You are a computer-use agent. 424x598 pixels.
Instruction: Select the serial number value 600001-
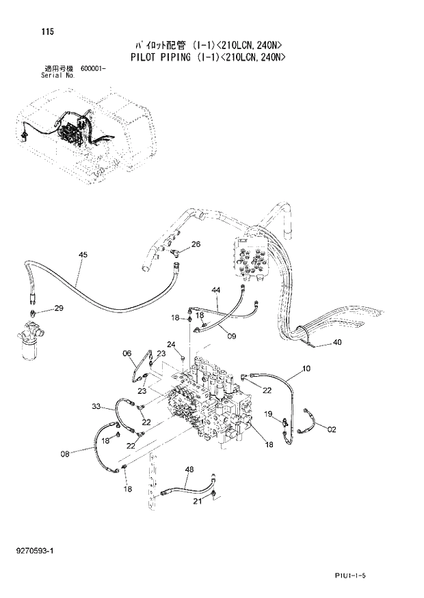click(92, 69)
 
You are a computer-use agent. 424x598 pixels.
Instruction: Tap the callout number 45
click(83, 255)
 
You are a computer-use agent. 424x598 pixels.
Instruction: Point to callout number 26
click(196, 244)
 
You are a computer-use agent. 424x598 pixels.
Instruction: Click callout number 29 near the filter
click(58, 309)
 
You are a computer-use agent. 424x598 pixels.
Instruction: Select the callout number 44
click(215, 290)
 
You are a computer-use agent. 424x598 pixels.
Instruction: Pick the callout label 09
click(232, 335)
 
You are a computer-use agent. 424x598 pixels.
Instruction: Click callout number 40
click(337, 343)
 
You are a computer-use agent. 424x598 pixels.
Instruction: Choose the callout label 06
click(127, 353)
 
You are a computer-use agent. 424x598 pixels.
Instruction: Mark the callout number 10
click(306, 369)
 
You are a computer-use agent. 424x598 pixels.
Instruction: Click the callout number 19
click(269, 414)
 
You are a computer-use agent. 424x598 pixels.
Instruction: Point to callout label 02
click(332, 429)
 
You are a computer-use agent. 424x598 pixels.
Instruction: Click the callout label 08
click(65, 453)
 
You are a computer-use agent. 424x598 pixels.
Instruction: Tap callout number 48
click(189, 469)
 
